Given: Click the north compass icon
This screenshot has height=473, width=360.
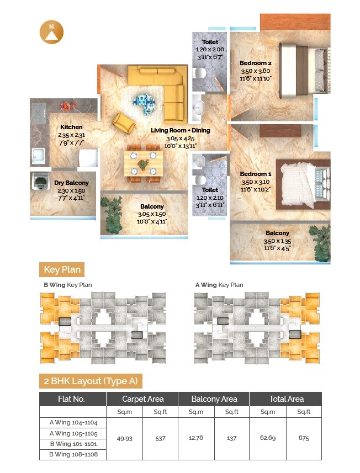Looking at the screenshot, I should pos(51,33).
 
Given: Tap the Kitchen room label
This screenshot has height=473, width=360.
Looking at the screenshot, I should pos(71,127).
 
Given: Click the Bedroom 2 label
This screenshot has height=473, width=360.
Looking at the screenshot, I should pos(256,63).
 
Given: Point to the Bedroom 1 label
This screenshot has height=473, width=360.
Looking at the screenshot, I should pos(256,174).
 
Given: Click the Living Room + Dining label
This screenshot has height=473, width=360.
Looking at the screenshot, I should pos(181,130).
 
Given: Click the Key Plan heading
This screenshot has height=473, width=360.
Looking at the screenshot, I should pos(63,270).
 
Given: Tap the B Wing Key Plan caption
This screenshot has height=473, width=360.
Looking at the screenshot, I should pos(68,285).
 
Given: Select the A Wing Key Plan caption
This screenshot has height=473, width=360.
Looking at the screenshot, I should pos(219,285).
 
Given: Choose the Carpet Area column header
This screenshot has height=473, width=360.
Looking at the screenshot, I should pos(142,399).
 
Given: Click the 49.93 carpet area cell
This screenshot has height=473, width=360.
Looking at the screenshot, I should pos(124,438).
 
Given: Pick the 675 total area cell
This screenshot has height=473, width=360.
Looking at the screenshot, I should pos(304,438).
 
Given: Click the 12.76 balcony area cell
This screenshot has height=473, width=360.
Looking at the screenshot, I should pos(196,438).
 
